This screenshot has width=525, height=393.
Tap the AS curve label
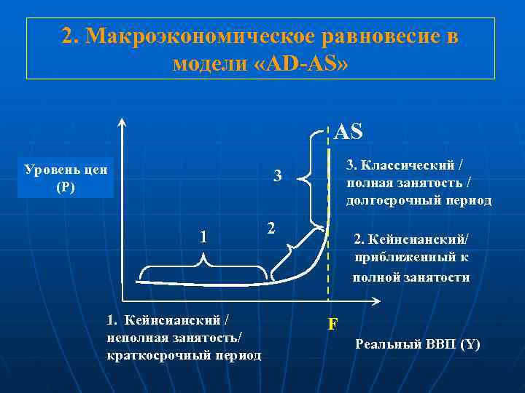tap(348, 132)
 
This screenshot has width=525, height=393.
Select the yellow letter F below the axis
tap(332, 323)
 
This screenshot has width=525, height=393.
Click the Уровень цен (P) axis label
tap(66, 178)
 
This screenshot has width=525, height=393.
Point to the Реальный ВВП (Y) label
tap(417, 344)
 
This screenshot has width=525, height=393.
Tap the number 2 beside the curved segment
tap(271, 228)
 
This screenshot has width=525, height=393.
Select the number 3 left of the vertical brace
tap(277, 175)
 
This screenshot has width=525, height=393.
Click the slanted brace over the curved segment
tap(295, 250)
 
